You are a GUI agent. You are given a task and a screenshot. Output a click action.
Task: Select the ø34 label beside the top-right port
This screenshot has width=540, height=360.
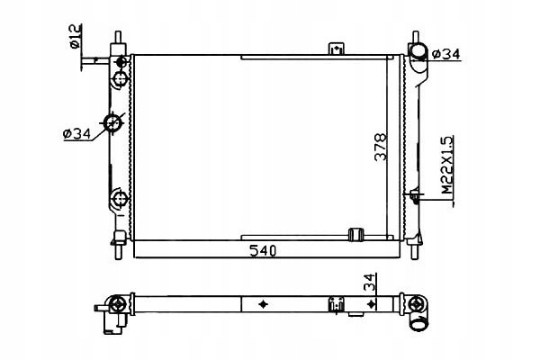(447, 55)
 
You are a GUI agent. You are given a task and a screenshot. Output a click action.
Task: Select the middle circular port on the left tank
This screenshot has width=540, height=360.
(115, 122)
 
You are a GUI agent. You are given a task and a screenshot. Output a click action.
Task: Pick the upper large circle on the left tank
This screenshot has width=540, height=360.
(118, 79)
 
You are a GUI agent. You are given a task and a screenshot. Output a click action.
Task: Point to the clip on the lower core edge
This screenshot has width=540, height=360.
(354, 236)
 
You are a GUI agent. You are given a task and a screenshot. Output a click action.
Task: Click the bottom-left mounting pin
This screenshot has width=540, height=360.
(117, 243)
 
